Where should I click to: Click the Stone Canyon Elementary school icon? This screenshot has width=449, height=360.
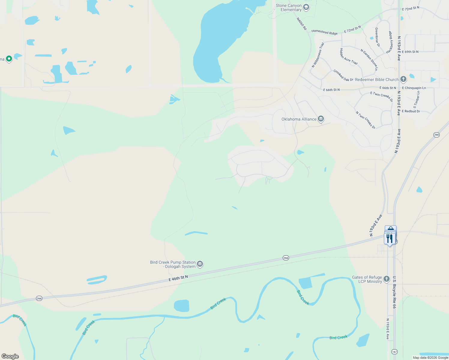pos(306,7)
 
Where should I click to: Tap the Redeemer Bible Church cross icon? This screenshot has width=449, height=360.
pos(403,79)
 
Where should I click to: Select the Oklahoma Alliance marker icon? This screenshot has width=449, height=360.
pos(321,119)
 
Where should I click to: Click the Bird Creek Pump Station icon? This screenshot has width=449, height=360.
pos(200,264)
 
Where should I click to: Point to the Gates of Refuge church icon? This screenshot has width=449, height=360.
pos(387,279)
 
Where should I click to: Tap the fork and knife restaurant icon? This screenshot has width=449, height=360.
pos(390,239)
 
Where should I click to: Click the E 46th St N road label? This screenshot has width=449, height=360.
pos(178,278)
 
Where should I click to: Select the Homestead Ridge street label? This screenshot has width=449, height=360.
pos(324,32)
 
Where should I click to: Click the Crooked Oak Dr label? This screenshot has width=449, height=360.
pos(343,76)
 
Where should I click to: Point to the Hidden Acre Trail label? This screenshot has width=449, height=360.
pos(349,56)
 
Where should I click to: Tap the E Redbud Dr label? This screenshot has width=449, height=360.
pos(411,111)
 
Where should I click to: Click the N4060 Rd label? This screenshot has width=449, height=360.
pos(302,24)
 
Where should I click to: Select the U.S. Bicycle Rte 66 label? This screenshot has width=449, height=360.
pos(394,292)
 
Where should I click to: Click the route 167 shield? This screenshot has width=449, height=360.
pos(394,352)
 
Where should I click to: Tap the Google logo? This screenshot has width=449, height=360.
pos(10,356)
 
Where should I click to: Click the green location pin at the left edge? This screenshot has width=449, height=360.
pos(9,58)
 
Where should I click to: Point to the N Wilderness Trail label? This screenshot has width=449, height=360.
pos(318,55)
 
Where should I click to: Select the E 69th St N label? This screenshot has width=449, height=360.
pos(410,52)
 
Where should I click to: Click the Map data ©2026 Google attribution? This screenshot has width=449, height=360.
pos(430,358)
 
